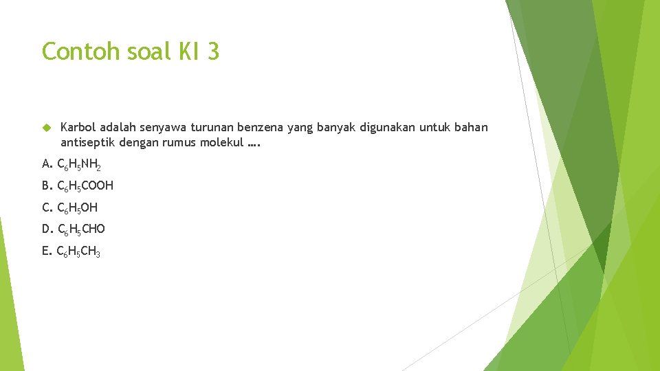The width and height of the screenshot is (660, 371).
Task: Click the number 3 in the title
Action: point(212,52)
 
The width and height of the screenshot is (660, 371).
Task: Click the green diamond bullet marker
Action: point(46,128)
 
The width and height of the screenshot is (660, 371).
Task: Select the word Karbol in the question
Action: point(78,128)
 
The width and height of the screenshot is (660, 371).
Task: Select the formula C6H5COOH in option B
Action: point(85,185)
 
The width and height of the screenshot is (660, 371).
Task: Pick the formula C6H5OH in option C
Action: point(78,207)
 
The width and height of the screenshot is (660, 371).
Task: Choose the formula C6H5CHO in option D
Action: point(81,229)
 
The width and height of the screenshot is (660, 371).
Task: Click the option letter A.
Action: point(46,164)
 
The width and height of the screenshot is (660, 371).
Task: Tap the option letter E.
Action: point(45,251)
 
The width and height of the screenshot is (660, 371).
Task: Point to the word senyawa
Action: point(164,128)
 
